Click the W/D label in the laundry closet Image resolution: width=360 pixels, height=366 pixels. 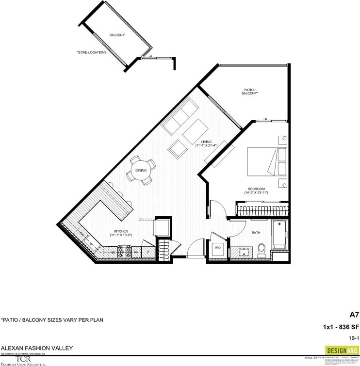click(x=218, y=248)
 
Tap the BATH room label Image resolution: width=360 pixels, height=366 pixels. click(x=256, y=233)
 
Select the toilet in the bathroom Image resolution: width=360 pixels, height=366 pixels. click(x=261, y=249)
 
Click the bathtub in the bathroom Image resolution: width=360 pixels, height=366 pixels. click(x=279, y=235)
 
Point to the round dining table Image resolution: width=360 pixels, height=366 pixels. click(x=141, y=171)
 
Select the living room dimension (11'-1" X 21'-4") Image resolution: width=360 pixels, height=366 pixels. click(x=206, y=145)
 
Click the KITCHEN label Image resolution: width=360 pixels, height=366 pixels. click(x=120, y=231)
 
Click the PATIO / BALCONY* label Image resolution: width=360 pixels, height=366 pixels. click(x=250, y=91)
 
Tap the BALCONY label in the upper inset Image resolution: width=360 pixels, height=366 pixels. click(x=117, y=35)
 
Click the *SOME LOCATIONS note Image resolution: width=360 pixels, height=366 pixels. click(x=92, y=52)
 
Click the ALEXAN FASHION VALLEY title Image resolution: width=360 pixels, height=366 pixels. click(x=31, y=348)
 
